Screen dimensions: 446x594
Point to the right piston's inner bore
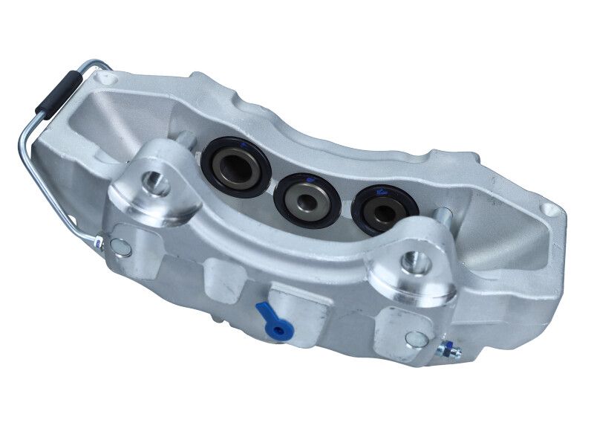coord(383,210)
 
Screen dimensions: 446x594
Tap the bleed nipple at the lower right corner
coord(448,349)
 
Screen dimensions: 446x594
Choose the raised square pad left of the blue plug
coord(223,280)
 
